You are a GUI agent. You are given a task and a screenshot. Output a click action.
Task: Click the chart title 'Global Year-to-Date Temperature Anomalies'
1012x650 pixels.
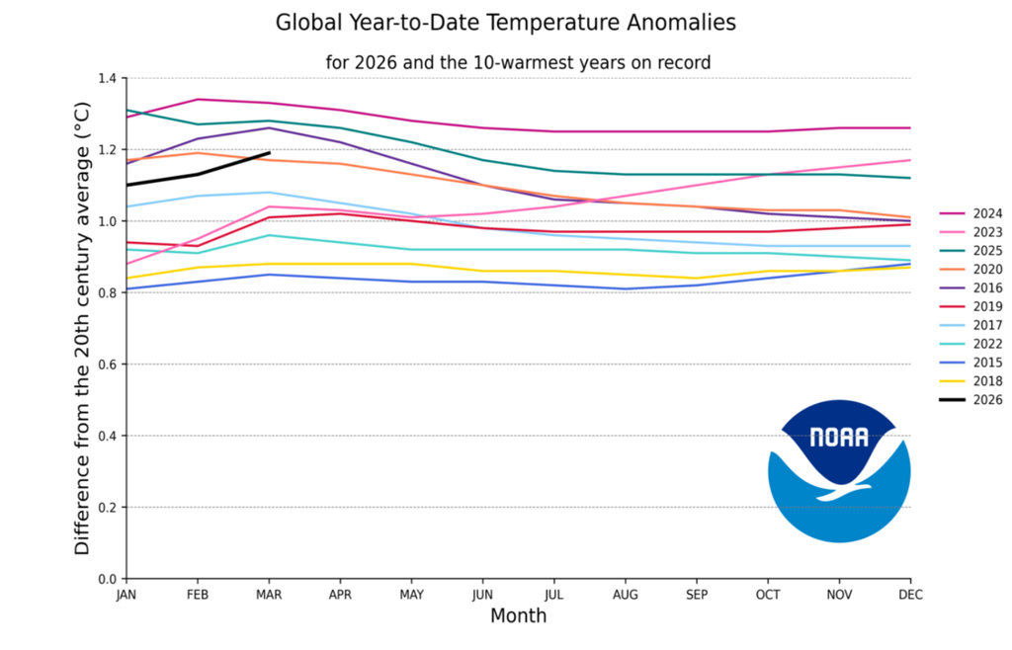[505, 22]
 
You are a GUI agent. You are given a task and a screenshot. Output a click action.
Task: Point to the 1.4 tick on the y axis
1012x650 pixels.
[108, 78]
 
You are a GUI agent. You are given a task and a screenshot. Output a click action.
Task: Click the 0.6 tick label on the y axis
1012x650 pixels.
[108, 365]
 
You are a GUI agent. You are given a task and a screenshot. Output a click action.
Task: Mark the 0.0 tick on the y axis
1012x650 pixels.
[108, 579]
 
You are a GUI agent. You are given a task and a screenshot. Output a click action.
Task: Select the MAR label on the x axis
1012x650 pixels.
[269, 595]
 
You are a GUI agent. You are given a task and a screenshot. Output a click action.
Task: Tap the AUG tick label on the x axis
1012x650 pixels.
[626, 595]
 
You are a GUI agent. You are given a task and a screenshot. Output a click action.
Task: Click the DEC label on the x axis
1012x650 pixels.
[910, 595]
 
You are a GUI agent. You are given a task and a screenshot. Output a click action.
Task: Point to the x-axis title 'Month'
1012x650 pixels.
[518, 616]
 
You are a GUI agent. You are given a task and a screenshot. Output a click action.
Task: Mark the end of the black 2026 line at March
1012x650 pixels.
[270, 153]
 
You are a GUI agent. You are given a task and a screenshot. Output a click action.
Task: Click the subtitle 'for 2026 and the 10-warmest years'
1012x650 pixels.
[518, 62]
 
